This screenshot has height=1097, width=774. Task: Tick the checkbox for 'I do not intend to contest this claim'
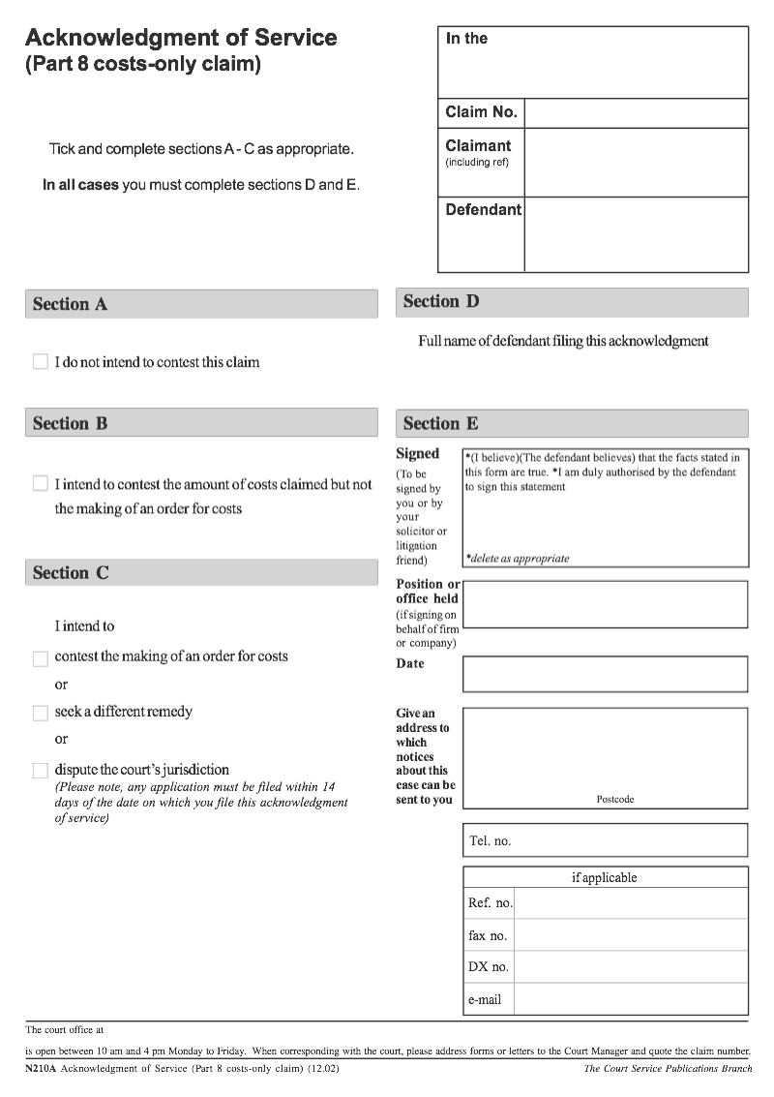click(40, 361)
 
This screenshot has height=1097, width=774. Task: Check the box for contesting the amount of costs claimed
click(40, 483)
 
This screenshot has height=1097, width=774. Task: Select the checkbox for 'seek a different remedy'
click(40, 713)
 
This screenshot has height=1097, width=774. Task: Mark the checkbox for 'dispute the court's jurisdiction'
click(40, 771)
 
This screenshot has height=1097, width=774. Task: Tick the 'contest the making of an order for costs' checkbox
click(40, 658)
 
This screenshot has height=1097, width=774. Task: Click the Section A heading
click(70, 304)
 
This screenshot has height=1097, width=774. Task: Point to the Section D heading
click(440, 301)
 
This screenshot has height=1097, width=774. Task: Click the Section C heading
click(71, 572)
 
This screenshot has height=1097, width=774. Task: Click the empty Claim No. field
click(636, 112)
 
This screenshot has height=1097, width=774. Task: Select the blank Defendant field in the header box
click(636, 234)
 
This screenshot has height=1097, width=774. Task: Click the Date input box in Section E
click(605, 674)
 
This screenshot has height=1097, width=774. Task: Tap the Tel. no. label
click(490, 841)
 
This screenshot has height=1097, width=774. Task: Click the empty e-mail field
click(631, 999)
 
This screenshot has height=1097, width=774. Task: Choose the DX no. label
click(488, 967)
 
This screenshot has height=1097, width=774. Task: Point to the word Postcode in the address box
click(615, 800)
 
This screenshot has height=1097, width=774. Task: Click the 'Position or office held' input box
click(605, 604)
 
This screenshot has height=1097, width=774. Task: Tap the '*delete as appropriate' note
click(518, 559)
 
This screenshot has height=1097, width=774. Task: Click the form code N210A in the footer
click(41, 1069)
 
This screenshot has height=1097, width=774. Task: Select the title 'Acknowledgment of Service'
click(181, 38)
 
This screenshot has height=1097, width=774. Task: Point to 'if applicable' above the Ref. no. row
click(605, 877)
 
